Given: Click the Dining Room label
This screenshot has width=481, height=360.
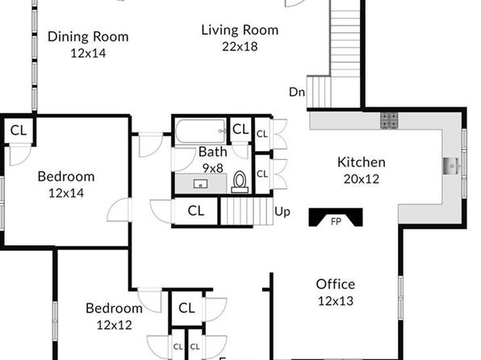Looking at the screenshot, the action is tap(88, 36).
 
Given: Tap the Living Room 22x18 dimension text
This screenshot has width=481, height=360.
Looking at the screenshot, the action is tap(240, 47).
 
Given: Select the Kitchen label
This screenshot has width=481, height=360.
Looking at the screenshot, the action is tap(362, 162).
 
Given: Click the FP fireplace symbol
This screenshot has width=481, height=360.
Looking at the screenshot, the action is tap(336, 217).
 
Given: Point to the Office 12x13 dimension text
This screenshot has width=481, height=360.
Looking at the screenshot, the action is tap(336, 301).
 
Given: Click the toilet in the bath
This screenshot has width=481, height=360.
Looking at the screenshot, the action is tap(240, 182).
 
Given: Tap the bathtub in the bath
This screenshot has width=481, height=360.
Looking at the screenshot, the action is tap(201, 131).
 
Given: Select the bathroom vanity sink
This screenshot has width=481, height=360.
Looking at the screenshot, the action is tap(201, 184).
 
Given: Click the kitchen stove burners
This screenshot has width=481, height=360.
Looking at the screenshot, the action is tap(389, 120).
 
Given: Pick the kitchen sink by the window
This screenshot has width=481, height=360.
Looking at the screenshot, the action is tap(451, 166).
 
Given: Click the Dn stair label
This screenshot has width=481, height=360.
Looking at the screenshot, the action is tap(297, 92).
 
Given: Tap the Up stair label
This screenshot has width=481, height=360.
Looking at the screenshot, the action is tap(282, 211).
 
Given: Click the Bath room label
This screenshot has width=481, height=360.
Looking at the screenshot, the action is tap(212, 152).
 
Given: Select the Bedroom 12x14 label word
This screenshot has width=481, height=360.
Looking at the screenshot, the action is tap(66, 177).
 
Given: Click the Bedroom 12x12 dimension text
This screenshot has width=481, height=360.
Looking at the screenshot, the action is tap(114, 324).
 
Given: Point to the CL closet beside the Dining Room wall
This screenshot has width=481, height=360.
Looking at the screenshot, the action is tap(19, 130).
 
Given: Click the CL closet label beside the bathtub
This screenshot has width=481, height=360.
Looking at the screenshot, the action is tap(240, 129).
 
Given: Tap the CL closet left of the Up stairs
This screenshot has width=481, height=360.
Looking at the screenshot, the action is tap(196, 211).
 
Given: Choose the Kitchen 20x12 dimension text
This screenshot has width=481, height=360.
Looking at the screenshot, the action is tap(362, 178).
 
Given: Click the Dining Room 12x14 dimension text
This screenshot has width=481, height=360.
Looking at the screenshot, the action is tap(88, 53).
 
